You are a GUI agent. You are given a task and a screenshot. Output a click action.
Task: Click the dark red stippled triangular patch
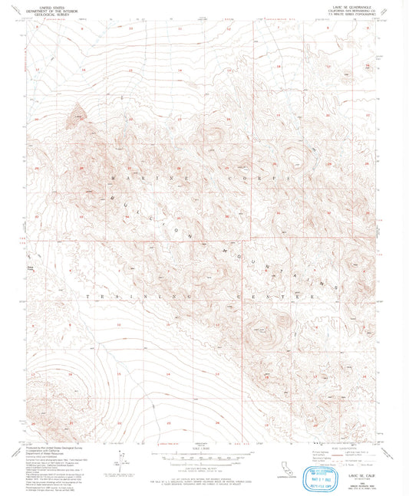coord(75,117)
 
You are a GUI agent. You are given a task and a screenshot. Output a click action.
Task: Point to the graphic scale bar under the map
coord(203,457)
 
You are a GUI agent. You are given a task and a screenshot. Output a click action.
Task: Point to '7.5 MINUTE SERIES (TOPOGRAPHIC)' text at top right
coord(350,16)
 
